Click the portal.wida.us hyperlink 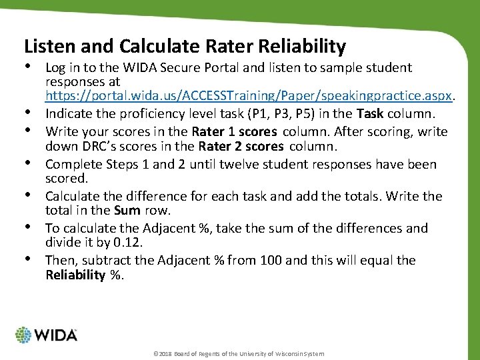click(249, 95)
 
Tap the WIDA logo click(46, 335)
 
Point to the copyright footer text click(238, 353)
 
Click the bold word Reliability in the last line click(75, 275)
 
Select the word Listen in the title click(49, 47)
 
